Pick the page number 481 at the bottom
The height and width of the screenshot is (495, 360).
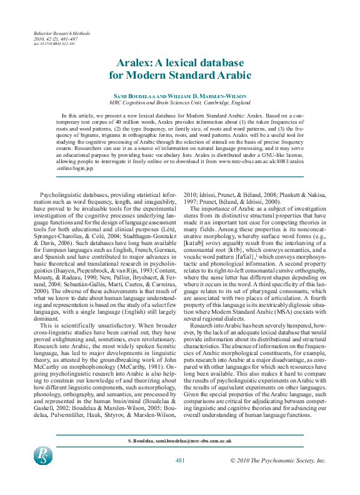[179, 460]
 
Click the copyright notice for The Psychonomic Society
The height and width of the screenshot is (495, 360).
[278, 460]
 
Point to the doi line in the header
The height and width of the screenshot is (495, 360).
[54, 44]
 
